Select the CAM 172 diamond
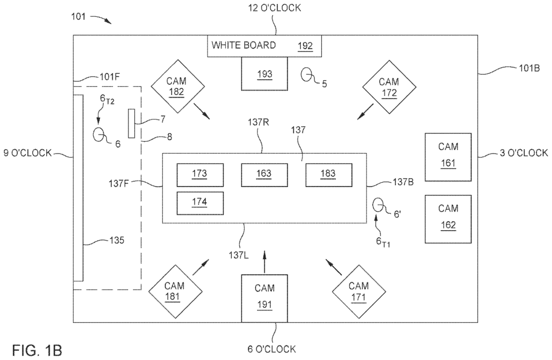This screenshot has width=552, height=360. click(388, 87)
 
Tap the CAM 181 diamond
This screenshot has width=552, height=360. click(175, 291)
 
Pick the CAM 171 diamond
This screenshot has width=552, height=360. click(358, 291)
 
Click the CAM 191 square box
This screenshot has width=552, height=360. click(264, 298)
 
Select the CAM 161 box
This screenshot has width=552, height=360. click(448, 156)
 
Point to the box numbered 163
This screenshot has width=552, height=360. click(264, 174)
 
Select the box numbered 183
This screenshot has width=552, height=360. click(328, 174)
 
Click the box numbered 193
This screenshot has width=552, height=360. click(264, 74)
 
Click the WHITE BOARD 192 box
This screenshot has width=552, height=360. click(264, 46)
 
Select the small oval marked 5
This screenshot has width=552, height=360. click(307, 75)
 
